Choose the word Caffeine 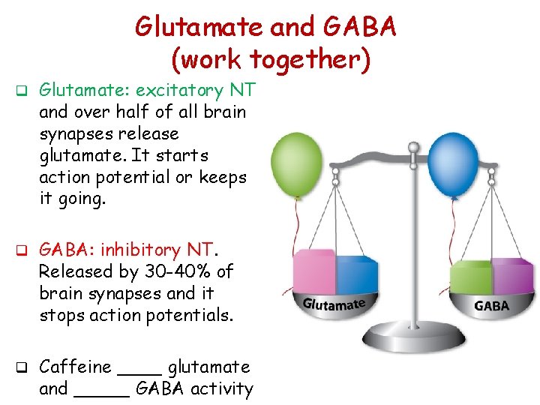click(x=74, y=367)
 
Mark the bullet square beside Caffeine click(x=22, y=367)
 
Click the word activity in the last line click(x=222, y=389)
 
